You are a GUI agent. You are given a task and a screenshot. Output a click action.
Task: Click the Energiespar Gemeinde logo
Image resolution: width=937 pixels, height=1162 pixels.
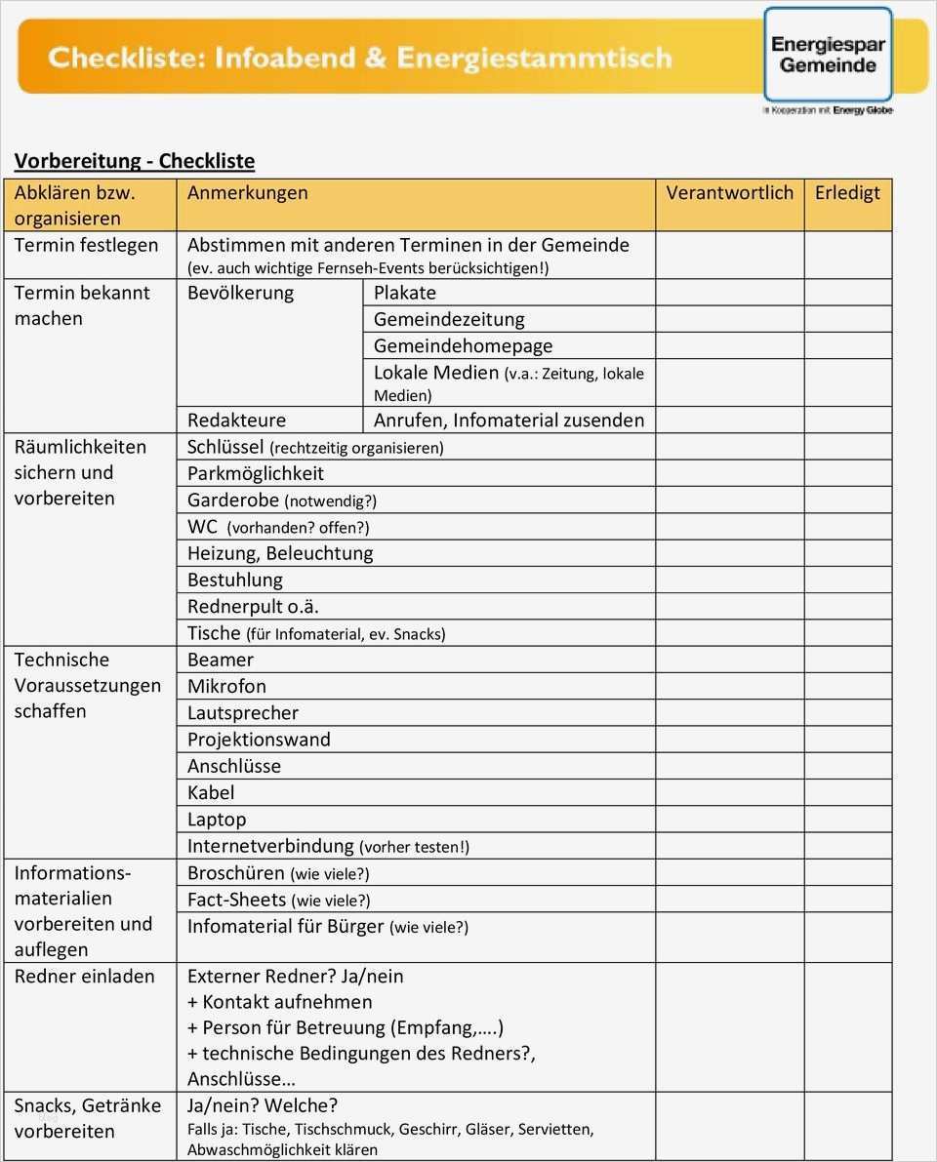coord(828,55)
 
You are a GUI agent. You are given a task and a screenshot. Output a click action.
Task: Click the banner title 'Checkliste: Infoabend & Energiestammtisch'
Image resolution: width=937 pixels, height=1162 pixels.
coord(360,58)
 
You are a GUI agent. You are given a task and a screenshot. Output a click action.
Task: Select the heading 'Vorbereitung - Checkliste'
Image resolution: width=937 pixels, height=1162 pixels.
coord(134,161)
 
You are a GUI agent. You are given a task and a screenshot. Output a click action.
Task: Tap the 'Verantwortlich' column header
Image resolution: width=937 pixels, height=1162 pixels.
coord(729,193)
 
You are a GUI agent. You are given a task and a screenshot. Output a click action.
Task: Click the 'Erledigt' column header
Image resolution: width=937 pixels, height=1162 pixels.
coord(847,193)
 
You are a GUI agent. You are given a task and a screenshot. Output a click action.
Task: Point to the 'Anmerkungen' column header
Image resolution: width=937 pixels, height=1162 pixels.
coord(247,193)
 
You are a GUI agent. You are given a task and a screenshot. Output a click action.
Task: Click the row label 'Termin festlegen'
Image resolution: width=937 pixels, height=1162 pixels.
coord(86,245)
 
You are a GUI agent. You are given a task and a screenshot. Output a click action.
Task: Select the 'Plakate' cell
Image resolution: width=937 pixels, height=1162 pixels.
coord(405,293)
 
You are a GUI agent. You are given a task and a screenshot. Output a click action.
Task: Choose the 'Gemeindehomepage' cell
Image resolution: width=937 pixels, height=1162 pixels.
coord(463,345)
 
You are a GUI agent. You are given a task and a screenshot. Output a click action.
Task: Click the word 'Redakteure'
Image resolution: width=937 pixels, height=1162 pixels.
coord(236,421)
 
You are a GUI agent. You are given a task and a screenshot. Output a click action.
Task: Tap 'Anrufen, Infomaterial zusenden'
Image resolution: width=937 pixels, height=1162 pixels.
coord(509,421)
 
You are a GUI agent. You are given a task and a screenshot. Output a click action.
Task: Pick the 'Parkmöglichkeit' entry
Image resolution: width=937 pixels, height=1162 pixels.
coord(256,473)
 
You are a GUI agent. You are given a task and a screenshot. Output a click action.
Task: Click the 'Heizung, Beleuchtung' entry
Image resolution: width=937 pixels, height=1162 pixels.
coord(280,553)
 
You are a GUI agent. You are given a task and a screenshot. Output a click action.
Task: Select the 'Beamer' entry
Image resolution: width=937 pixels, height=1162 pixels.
coord(220,660)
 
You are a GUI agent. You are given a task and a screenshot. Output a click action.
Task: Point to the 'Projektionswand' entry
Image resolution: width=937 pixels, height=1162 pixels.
coord(259,740)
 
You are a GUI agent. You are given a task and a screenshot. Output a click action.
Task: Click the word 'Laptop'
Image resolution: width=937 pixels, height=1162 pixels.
coord(217,820)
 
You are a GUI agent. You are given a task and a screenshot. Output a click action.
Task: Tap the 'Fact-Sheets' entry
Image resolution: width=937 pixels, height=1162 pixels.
coord(237,900)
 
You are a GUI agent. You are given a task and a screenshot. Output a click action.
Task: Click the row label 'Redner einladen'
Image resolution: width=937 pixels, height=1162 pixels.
coord(84,976)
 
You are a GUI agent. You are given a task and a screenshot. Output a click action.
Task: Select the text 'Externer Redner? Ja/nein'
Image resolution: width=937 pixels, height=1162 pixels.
coord(295,976)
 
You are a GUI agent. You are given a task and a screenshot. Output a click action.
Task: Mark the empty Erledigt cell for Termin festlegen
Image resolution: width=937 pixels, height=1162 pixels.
coord(847,255)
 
